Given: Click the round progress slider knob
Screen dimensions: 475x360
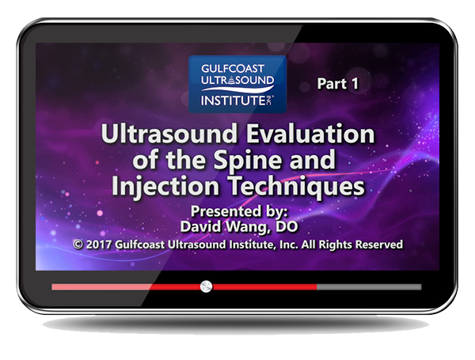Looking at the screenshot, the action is tap(207, 286).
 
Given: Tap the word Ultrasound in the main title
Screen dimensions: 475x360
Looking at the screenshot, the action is tap(169, 134).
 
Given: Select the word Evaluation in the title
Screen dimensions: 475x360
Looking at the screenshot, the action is tap(310, 134).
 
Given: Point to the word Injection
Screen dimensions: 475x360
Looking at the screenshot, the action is tap(165, 187).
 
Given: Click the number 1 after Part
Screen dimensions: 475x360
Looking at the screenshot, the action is tap(355, 84).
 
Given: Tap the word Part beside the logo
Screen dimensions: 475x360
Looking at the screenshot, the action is tap(332, 84).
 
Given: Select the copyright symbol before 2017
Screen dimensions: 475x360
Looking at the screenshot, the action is tap(78, 244).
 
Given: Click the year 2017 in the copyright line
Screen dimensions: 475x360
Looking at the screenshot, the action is tap(99, 244).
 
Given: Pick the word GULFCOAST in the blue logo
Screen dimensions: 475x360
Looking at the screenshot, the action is tap(233, 68).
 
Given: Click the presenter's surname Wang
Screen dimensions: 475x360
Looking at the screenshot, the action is tap(249, 227).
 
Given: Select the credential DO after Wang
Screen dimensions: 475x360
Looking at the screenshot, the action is tap(287, 226).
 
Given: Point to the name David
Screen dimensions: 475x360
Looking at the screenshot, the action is tap(202, 226).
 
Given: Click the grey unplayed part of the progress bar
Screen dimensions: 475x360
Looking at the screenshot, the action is tap(369, 286).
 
